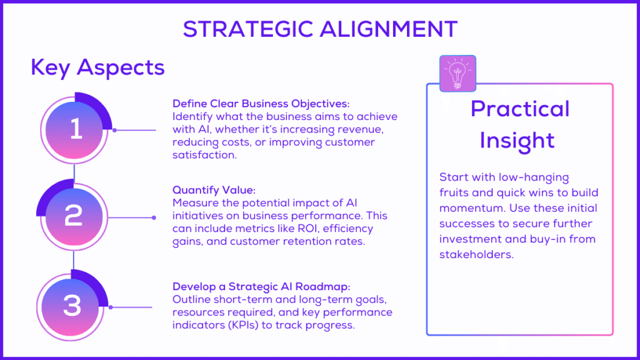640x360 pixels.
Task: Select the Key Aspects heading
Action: tap(97, 67)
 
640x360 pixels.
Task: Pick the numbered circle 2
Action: tap(74, 216)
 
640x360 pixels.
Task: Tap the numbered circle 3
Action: tap(72, 306)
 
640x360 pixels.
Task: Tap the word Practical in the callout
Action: tap(520, 109)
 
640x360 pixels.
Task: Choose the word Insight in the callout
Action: tap(517, 140)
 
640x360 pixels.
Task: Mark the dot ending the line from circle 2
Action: tap(154, 217)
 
